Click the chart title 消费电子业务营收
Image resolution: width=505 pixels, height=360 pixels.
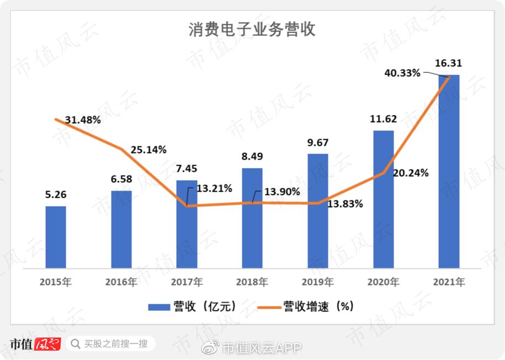(x=252, y=29)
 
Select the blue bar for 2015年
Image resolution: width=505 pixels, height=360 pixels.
(x=56, y=237)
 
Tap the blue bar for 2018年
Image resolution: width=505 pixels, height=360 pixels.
(x=252, y=218)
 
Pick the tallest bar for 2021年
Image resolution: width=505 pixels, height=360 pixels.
(x=449, y=172)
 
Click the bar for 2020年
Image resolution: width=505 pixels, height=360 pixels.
(x=384, y=199)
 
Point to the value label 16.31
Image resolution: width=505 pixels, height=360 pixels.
(x=449, y=63)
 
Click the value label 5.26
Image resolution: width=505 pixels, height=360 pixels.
(x=56, y=194)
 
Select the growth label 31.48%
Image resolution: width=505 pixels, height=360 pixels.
(x=83, y=120)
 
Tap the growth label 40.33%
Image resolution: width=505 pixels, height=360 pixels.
(x=402, y=72)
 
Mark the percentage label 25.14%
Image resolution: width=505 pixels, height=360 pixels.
(x=148, y=150)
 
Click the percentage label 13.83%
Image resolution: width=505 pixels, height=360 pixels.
(x=345, y=204)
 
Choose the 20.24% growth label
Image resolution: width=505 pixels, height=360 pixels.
(x=411, y=173)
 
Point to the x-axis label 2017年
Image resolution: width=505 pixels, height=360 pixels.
(x=187, y=282)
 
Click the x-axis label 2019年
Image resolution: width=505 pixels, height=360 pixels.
(x=318, y=282)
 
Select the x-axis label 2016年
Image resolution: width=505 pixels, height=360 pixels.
(x=121, y=282)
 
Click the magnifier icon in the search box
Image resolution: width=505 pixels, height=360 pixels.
(x=75, y=344)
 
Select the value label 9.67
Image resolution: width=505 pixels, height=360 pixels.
(x=318, y=142)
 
